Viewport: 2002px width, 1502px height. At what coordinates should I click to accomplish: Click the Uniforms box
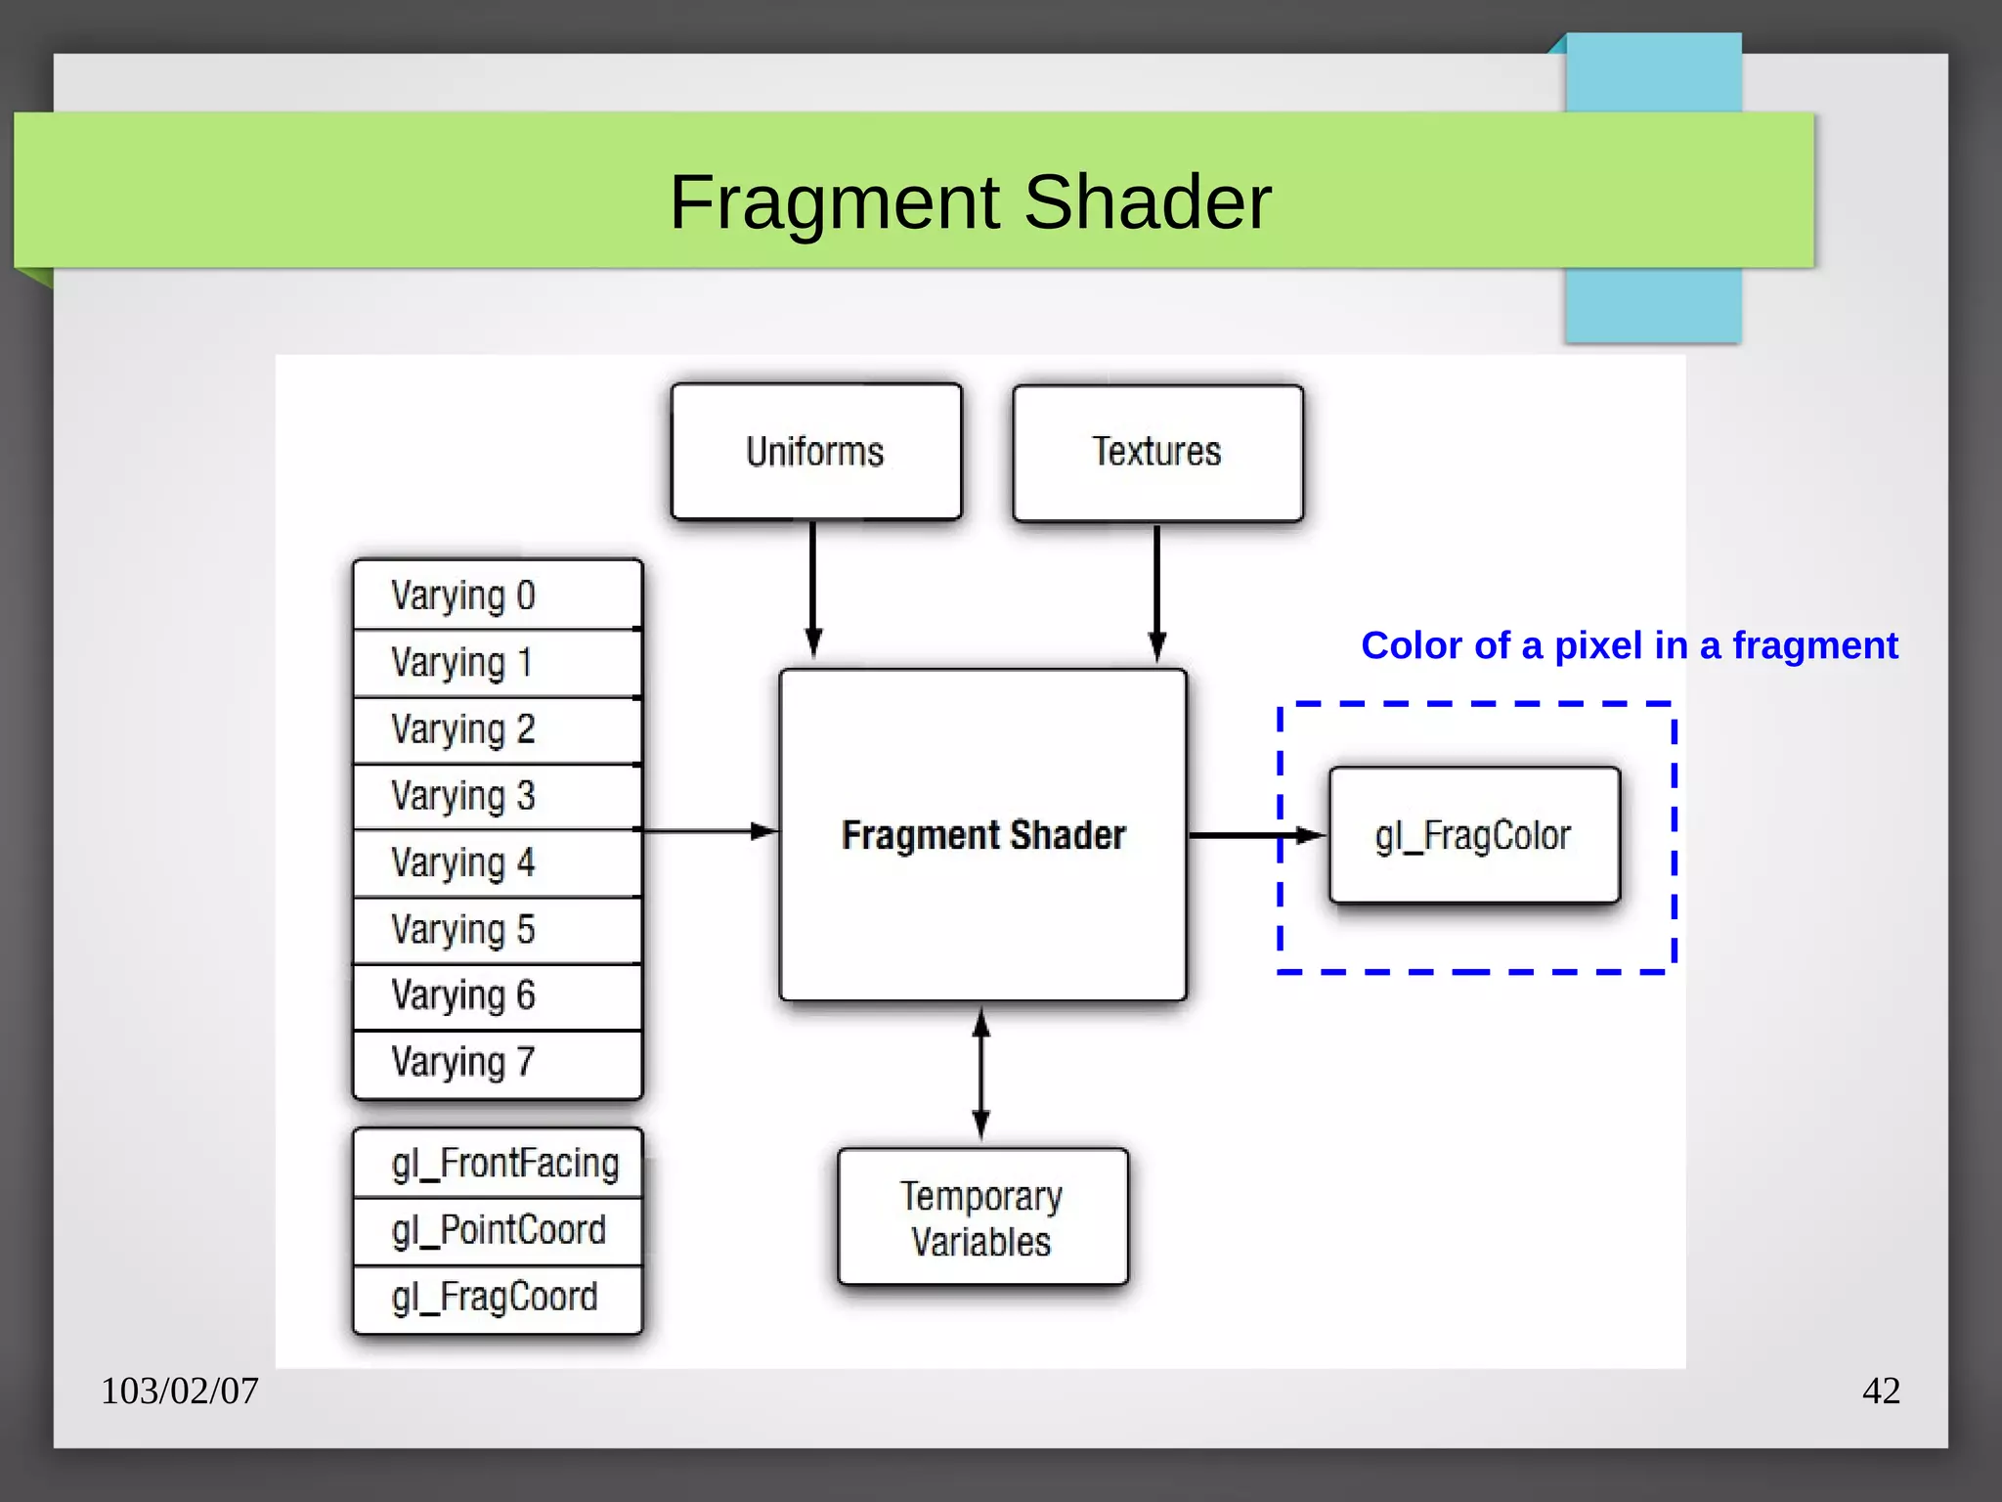(816, 452)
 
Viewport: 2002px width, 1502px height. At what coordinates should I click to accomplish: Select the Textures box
(1157, 453)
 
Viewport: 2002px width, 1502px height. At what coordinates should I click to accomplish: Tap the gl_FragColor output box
(1474, 836)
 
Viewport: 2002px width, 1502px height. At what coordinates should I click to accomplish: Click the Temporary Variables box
(982, 1217)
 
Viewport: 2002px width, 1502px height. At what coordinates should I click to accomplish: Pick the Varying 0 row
(498, 595)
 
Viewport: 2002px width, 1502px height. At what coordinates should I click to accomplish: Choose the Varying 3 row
(498, 796)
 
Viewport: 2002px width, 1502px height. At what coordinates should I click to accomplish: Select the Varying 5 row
(498, 930)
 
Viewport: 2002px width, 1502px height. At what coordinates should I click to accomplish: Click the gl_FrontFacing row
(498, 1164)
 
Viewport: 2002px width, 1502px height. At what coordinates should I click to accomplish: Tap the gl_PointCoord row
(498, 1230)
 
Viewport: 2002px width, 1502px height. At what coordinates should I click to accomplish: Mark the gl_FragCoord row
(498, 1298)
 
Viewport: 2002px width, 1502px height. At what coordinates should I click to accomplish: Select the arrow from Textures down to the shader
(1157, 592)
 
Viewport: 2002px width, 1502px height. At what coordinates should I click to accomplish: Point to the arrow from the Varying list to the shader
(709, 831)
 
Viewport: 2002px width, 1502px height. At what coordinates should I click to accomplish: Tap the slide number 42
(1881, 1391)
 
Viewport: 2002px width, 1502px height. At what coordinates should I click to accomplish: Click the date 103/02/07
(180, 1391)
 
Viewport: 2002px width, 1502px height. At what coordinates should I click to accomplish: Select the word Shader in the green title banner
(1148, 202)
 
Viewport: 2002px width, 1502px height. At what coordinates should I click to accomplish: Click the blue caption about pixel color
(1629, 645)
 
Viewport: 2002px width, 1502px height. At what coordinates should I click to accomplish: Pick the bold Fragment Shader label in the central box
(983, 836)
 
